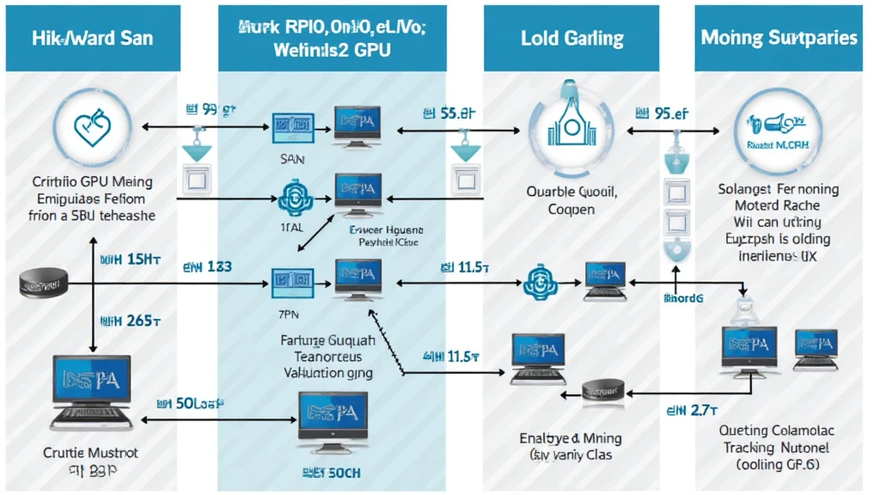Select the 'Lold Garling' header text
[x=571, y=39]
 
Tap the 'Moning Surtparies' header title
[x=779, y=39]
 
